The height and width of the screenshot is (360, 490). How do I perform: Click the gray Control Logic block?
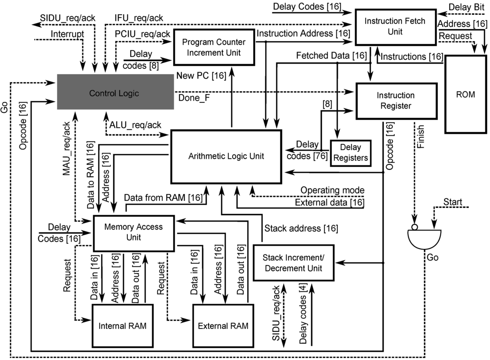pyautogui.click(x=114, y=94)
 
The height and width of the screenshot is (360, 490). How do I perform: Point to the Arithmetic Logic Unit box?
pyautogui.click(x=226, y=156)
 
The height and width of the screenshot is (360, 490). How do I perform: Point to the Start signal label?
pyautogui.click(x=453, y=202)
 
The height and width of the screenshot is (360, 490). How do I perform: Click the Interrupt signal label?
pyautogui.click(x=67, y=34)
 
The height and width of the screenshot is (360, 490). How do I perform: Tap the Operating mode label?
pyautogui.click(x=332, y=190)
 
